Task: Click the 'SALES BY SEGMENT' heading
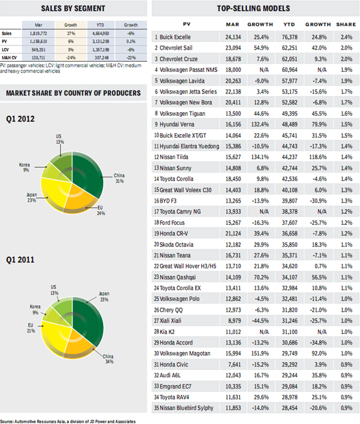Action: pos(74,8)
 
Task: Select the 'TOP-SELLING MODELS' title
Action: pos(254,8)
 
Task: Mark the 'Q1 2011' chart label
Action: pos(20,260)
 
